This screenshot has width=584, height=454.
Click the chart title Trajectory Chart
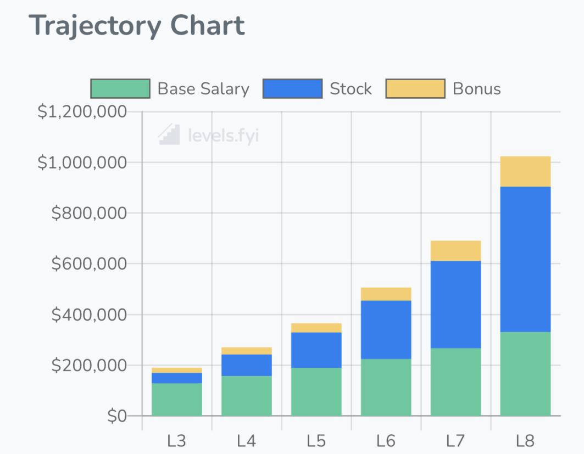(137, 26)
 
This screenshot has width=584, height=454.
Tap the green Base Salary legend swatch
(120, 89)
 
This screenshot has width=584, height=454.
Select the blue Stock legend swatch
(292, 89)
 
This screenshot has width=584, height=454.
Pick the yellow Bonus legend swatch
(415, 89)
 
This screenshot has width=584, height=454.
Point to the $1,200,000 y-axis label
(82, 112)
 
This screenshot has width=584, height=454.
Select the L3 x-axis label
(176, 441)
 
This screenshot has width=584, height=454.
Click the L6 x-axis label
(386, 441)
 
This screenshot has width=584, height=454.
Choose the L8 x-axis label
(525, 441)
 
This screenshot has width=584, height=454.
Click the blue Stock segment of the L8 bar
(525, 259)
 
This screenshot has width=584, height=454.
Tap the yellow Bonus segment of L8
(525, 171)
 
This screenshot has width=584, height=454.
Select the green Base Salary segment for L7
(455, 382)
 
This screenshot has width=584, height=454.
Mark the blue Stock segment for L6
(386, 329)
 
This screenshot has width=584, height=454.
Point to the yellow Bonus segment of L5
(316, 328)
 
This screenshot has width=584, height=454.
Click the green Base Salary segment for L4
(246, 396)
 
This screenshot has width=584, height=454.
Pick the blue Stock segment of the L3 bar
(176, 378)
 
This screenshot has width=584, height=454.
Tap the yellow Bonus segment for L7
(455, 250)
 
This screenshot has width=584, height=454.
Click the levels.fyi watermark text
(223, 135)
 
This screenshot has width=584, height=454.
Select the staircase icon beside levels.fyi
(169, 134)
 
